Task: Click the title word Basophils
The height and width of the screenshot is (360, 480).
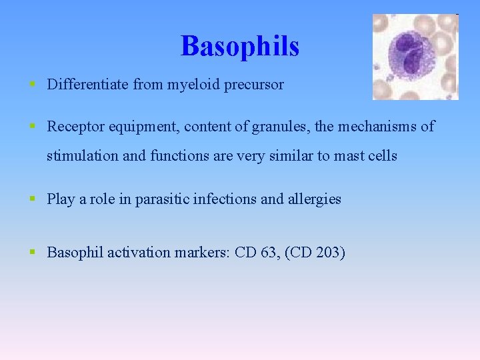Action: [239, 46]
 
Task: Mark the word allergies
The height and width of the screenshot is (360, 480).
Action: [314, 199]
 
